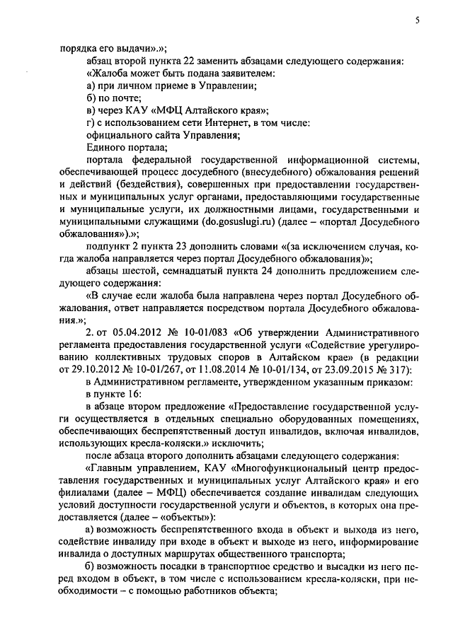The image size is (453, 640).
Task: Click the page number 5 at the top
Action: (x=418, y=22)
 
